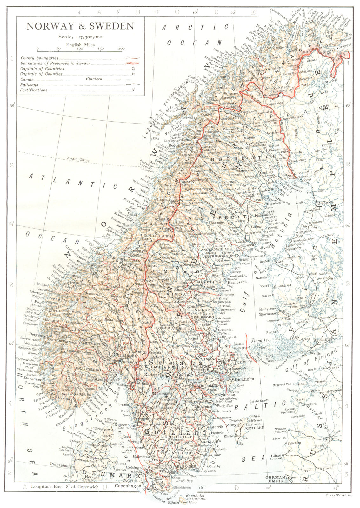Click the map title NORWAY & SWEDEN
[80, 26]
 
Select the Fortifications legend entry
[34, 90]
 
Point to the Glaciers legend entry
[94, 79]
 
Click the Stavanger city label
[31, 379]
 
